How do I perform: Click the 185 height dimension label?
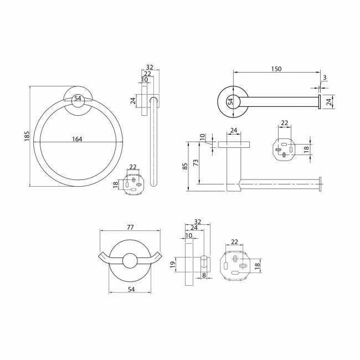tap(27, 136)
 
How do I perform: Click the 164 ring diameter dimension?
tap(77, 139)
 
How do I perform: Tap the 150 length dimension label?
tap(276, 69)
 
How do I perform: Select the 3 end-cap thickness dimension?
tap(325, 78)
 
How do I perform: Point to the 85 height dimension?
tap(185, 166)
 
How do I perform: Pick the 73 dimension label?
tap(196, 163)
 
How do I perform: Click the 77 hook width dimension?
tap(130, 227)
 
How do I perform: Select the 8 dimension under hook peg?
tap(204, 275)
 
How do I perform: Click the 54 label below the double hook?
tap(131, 290)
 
